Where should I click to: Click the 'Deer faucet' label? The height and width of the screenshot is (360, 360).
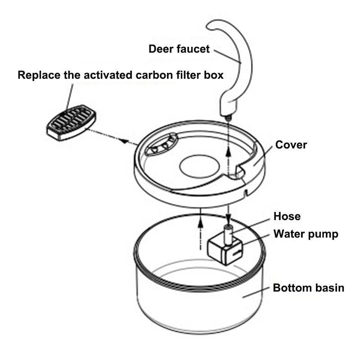pyautogui.click(x=179, y=49)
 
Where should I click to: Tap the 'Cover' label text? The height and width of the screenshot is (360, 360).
pyautogui.click(x=291, y=145)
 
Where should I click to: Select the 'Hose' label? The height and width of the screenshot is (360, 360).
pyautogui.click(x=287, y=216)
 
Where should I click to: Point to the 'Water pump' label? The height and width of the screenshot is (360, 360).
pyautogui.click(x=306, y=234)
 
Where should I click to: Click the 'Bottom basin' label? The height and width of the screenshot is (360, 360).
pyautogui.click(x=308, y=288)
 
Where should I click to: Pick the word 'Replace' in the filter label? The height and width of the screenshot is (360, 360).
pyautogui.click(x=39, y=75)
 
